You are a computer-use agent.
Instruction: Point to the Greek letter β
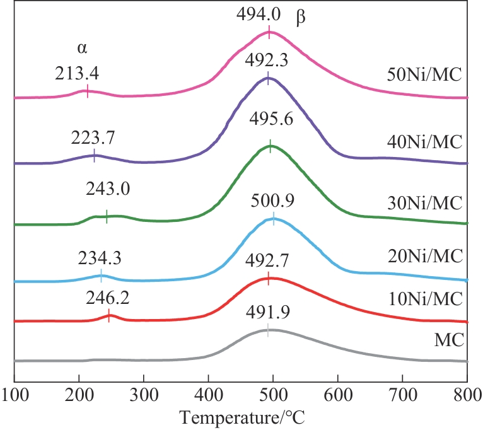[301, 18]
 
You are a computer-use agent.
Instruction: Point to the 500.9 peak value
[272, 202]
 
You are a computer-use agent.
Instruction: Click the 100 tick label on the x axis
[15, 395]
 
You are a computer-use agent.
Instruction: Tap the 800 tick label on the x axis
[467, 395]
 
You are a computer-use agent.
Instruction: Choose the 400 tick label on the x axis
[208, 395]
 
